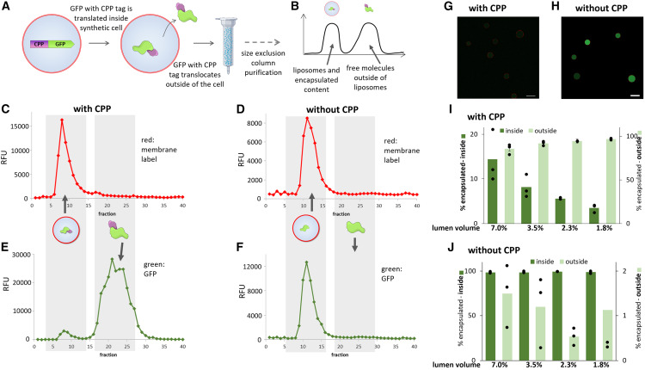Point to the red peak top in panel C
(x=62, y=120)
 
